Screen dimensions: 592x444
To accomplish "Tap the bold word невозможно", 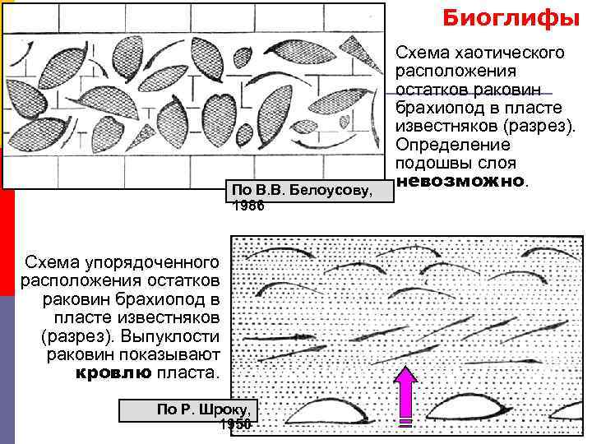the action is tap(459, 180).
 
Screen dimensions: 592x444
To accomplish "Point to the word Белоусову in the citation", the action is tap(333, 190).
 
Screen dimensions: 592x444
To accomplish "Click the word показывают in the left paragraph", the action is tap(171, 354).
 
